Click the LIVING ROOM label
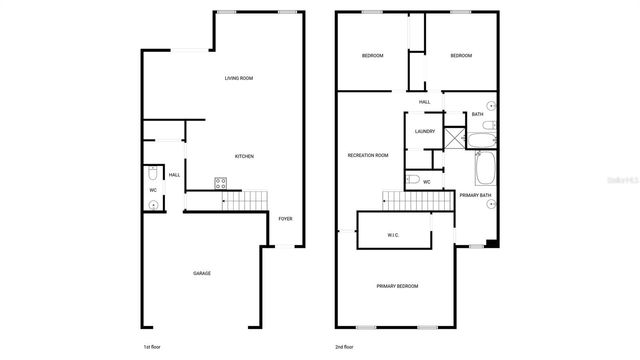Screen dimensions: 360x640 tap(238, 78)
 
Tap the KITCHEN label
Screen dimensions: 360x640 tap(244, 156)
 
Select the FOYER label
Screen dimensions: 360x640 tap(285, 218)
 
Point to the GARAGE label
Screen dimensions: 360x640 tap(202, 273)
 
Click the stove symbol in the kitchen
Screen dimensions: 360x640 tap(220, 182)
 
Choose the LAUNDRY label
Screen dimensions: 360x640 tap(424, 131)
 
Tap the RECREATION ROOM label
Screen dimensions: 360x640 tap(368, 156)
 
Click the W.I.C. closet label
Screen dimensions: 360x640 tap(394, 235)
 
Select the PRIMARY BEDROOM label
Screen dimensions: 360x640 tap(397, 286)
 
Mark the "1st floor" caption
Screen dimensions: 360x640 tap(153, 346)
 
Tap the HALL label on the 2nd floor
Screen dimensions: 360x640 tap(424, 102)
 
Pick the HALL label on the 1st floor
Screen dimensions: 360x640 tap(174, 175)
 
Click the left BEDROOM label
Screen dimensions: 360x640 tap(372, 56)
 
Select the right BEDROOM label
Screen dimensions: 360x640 tap(460, 56)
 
